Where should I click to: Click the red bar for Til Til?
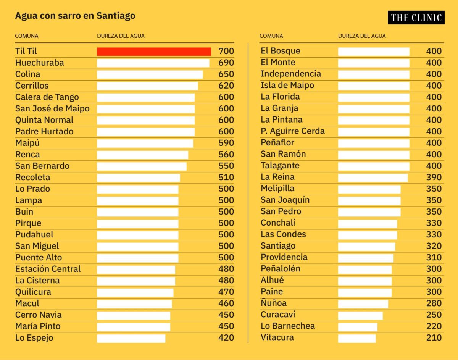coord(154,52)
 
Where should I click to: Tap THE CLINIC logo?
coord(416,18)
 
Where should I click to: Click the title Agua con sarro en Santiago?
coord(75,16)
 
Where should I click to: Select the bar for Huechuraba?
coord(153,63)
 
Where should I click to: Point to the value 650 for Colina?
coord(226,74)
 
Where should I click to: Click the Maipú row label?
coord(27,143)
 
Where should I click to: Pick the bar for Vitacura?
coord(357,338)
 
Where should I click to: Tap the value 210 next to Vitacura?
coord(434,337)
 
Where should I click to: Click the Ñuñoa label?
coord(274,303)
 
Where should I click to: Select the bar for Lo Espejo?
coord(131,338)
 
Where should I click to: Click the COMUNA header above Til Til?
coord(27,36)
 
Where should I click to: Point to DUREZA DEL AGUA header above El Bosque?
coord(362,36)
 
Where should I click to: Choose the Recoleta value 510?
coord(226,177)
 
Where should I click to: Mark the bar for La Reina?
coord(373,178)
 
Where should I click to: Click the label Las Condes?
coord(283,234)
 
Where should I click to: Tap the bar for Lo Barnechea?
coord(358,326)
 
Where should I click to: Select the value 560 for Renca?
coord(226,154)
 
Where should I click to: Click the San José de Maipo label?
coord(52,108)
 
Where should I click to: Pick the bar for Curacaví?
coord(360,315)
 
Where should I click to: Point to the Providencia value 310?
coord(434,257)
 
